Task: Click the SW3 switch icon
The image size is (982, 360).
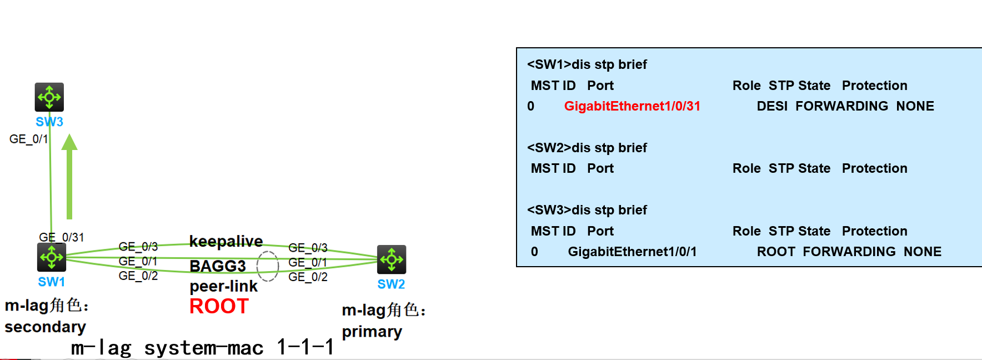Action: [x=49, y=97]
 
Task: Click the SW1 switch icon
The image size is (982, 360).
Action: [x=52, y=257]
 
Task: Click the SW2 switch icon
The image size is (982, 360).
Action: [x=392, y=259]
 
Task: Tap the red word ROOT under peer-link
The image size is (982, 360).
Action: [x=219, y=307]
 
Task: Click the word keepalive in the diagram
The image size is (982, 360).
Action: [x=226, y=241]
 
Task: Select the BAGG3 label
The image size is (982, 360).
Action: [x=218, y=266]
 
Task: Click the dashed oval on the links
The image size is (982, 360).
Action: [x=268, y=266]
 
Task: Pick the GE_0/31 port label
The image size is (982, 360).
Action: [x=62, y=237]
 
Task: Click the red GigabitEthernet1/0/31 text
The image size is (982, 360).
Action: [x=632, y=106]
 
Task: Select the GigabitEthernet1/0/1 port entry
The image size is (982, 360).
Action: [x=632, y=252]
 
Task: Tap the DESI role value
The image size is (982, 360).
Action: [x=772, y=106]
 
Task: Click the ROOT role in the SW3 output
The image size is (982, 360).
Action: [x=776, y=252]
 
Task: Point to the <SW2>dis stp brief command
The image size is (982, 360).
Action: [x=587, y=148]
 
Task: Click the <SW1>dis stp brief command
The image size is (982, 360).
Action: [x=587, y=64]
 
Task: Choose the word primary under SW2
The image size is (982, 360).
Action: [x=372, y=332]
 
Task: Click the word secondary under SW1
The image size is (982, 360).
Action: [x=46, y=327]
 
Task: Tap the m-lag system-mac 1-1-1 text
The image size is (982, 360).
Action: [x=203, y=348]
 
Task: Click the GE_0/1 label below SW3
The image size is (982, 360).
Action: [x=29, y=139]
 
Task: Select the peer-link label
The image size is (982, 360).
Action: [x=224, y=286]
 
